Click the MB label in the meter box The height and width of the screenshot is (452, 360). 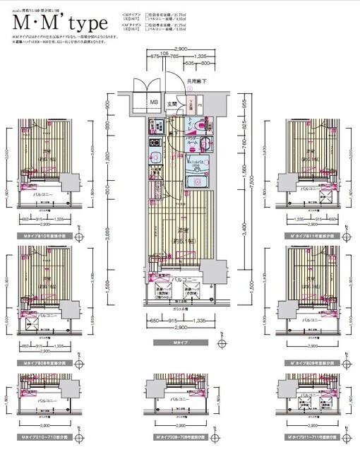(x=153, y=103)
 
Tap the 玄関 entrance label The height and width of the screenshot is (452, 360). (x=172, y=104)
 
